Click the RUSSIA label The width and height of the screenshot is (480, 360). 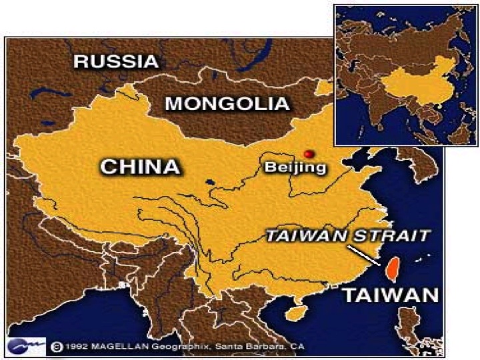click(116, 61)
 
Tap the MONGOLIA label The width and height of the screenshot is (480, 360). click(227, 103)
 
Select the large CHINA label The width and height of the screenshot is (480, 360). click(141, 166)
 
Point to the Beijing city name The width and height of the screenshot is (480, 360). click(295, 167)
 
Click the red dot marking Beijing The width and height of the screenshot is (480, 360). click(308, 153)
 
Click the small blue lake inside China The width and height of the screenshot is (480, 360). click(210, 181)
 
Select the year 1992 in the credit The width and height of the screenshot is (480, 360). click(75, 347)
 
